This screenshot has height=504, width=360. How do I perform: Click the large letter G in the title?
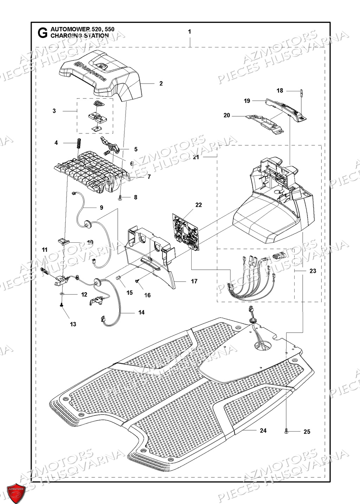coord(42,33)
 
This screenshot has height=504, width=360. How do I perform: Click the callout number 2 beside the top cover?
coord(161,84)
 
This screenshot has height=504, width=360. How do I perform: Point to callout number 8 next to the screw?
coord(136,197)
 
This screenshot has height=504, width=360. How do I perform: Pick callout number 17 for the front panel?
coord(194,281)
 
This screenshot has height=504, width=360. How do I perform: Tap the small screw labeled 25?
coord(287,430)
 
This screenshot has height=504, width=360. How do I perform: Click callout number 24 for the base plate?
coord(263,430)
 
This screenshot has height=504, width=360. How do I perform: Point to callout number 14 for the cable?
coord(141,312)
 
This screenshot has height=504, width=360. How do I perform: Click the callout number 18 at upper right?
coord(279,91)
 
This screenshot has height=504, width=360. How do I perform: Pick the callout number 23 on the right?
coord(313,271)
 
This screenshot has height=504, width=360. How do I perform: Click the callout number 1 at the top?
coord(189,32)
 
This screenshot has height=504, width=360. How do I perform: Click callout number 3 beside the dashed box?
coord(54,111)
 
